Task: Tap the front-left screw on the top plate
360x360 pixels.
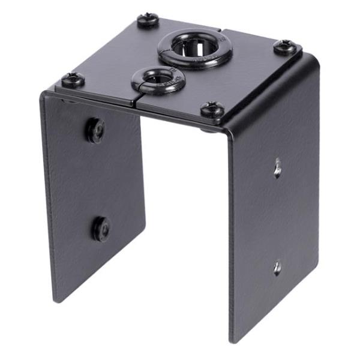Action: point(73,78)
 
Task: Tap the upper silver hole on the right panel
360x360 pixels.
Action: point(277,167)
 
